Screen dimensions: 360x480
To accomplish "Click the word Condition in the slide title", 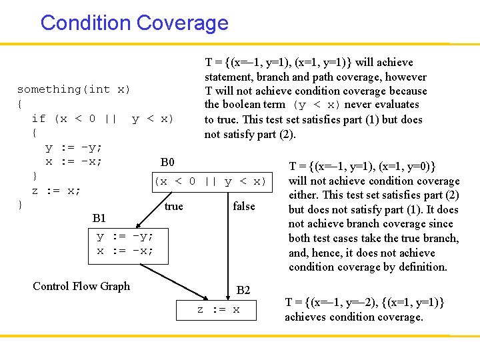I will (85, 23).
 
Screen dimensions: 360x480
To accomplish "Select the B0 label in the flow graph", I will (167, 163).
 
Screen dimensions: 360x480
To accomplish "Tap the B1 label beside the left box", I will (99, 218).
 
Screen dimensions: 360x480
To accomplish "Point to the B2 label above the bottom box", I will (243, 290).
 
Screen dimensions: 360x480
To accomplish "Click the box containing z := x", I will (217, 310).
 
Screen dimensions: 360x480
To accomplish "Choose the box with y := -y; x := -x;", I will (125, 244).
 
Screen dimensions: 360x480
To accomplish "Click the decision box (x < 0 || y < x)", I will (210, 181).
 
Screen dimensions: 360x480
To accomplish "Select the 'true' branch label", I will (173, 207).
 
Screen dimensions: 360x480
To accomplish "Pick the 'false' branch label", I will (244, 207).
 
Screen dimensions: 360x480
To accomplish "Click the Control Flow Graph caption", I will (81, 287).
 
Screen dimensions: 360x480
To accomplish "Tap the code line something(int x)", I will (73, 89).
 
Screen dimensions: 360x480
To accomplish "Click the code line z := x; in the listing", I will (57, 191).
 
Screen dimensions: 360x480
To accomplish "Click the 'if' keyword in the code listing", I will (39, 119).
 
